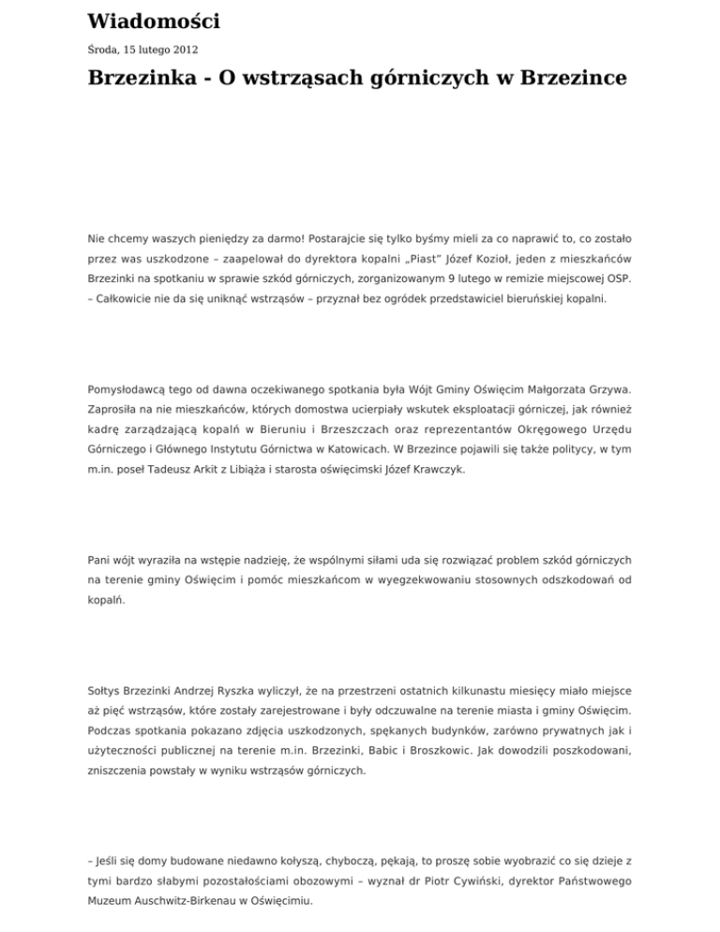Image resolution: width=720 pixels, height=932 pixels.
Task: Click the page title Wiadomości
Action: (x=154, y=21)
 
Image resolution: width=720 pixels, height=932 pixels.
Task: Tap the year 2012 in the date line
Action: (x=183, y=49)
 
